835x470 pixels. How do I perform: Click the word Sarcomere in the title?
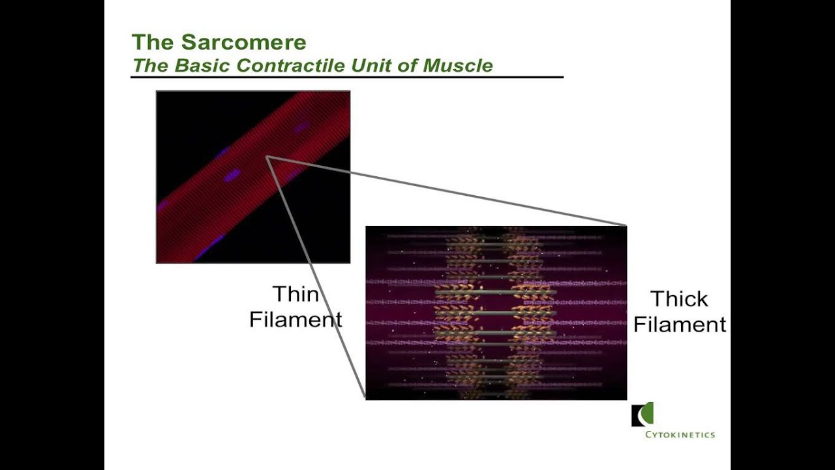pos(243,42)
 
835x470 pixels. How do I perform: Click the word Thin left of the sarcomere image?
pos(295,294)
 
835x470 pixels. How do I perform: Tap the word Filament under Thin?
pos(296,320)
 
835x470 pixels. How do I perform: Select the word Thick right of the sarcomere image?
pos(679,299)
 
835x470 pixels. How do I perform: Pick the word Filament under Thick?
pos(680,324)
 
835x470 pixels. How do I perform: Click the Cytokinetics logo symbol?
pos(643,415)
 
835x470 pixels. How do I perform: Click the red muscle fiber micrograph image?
pos(253,177)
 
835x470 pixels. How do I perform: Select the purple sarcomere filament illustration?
pos(496,313)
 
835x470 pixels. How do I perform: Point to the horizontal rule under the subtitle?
pos(346,77)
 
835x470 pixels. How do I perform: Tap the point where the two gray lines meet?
pos(267,157)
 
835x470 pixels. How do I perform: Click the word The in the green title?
pos(153,42)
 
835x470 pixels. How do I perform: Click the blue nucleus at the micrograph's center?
pos(232,175)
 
